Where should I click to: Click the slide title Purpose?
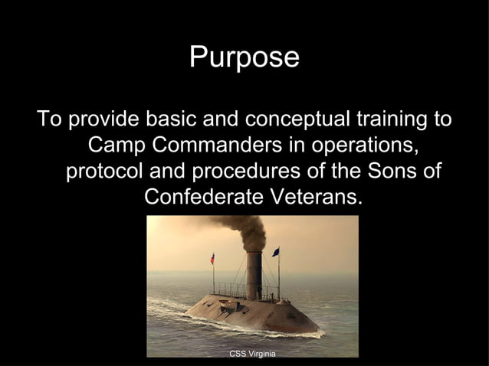244,58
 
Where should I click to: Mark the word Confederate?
203,197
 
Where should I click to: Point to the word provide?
103,120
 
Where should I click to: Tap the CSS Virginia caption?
252,353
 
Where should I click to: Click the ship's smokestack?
254,276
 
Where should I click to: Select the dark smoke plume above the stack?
241,230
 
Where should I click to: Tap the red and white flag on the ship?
212,259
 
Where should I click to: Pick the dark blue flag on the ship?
276,251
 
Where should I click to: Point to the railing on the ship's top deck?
230,290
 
